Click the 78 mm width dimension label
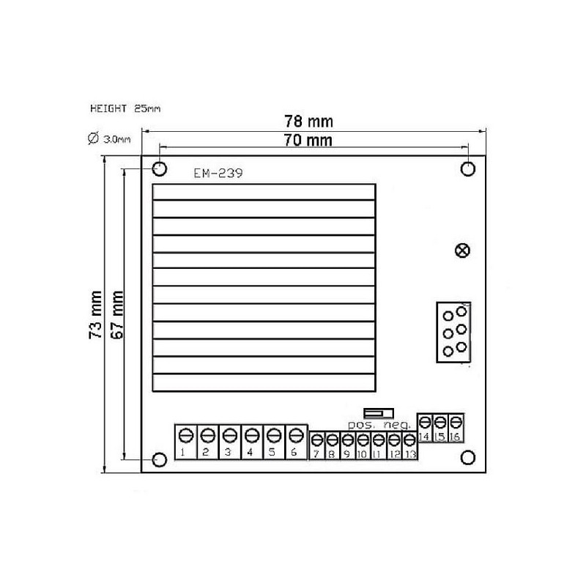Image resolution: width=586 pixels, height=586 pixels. (x=308, y=122)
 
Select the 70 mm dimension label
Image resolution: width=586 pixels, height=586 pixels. (x=308, y=141)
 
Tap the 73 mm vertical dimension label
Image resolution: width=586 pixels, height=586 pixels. (x=96, y=315)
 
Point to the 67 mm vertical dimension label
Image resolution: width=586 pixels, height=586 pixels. (x=117, y=315)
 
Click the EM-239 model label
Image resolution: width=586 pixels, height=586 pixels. (x=218, y=173)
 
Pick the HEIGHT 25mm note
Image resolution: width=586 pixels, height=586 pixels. (x=125, y=108)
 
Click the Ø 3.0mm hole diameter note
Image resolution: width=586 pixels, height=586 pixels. (x=109, y=138)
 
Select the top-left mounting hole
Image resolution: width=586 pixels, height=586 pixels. (x=160, y=169)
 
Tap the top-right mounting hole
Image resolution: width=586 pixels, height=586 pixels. (x=468, y=168)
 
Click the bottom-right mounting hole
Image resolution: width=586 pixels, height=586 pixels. (x=468, y=457)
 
